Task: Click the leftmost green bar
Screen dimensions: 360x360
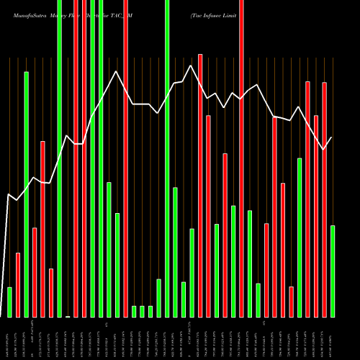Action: pos(9,302)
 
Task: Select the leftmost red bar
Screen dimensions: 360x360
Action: pos(18,284)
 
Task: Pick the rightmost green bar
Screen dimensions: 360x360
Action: pos(332,271)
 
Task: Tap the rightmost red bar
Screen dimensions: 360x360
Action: pos(324,199)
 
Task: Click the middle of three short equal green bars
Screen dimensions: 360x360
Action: pos(142,311)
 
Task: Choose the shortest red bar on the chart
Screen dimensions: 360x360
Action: pos(291,302)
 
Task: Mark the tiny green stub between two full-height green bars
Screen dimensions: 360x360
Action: pos(68,316)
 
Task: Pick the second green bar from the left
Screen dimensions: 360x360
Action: pos(26,194)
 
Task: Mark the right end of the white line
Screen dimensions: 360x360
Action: pos(332,137)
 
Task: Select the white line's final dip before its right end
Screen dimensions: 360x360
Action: pos(324,149)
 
